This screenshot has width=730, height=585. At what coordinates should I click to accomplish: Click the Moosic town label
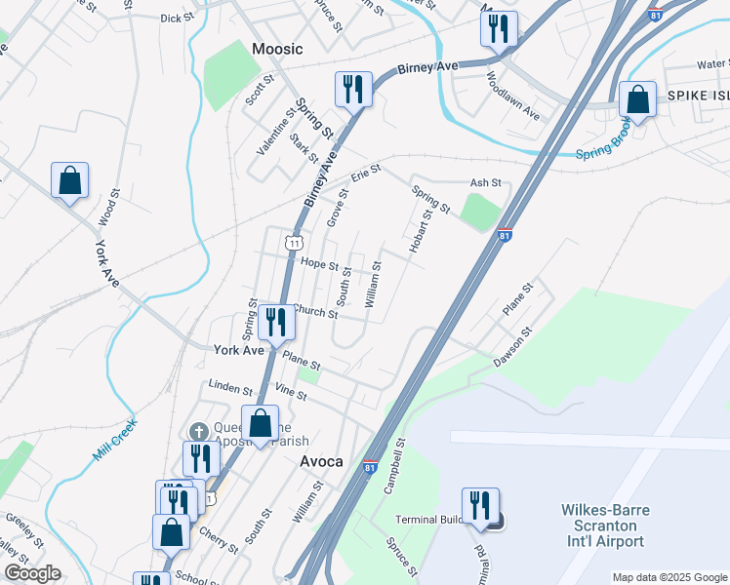277,49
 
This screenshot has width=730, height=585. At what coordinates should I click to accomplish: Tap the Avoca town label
320,461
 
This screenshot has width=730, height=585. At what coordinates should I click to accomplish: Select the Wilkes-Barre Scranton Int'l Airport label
604,526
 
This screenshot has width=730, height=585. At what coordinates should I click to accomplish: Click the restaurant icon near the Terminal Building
479,506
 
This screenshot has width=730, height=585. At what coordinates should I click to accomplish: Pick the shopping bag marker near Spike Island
637,99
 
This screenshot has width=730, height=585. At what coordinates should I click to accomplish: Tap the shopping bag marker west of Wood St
70,180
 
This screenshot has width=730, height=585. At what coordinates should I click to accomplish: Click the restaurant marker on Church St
276,322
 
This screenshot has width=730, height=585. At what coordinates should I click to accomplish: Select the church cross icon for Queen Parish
198,431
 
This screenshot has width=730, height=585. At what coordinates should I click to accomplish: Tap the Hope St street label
320,264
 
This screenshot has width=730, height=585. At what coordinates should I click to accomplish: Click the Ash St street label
485,182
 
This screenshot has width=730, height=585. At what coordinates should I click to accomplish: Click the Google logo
32,573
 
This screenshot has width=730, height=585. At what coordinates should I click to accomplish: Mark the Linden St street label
230,388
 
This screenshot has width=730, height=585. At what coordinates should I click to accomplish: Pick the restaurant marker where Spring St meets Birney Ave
352,90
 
